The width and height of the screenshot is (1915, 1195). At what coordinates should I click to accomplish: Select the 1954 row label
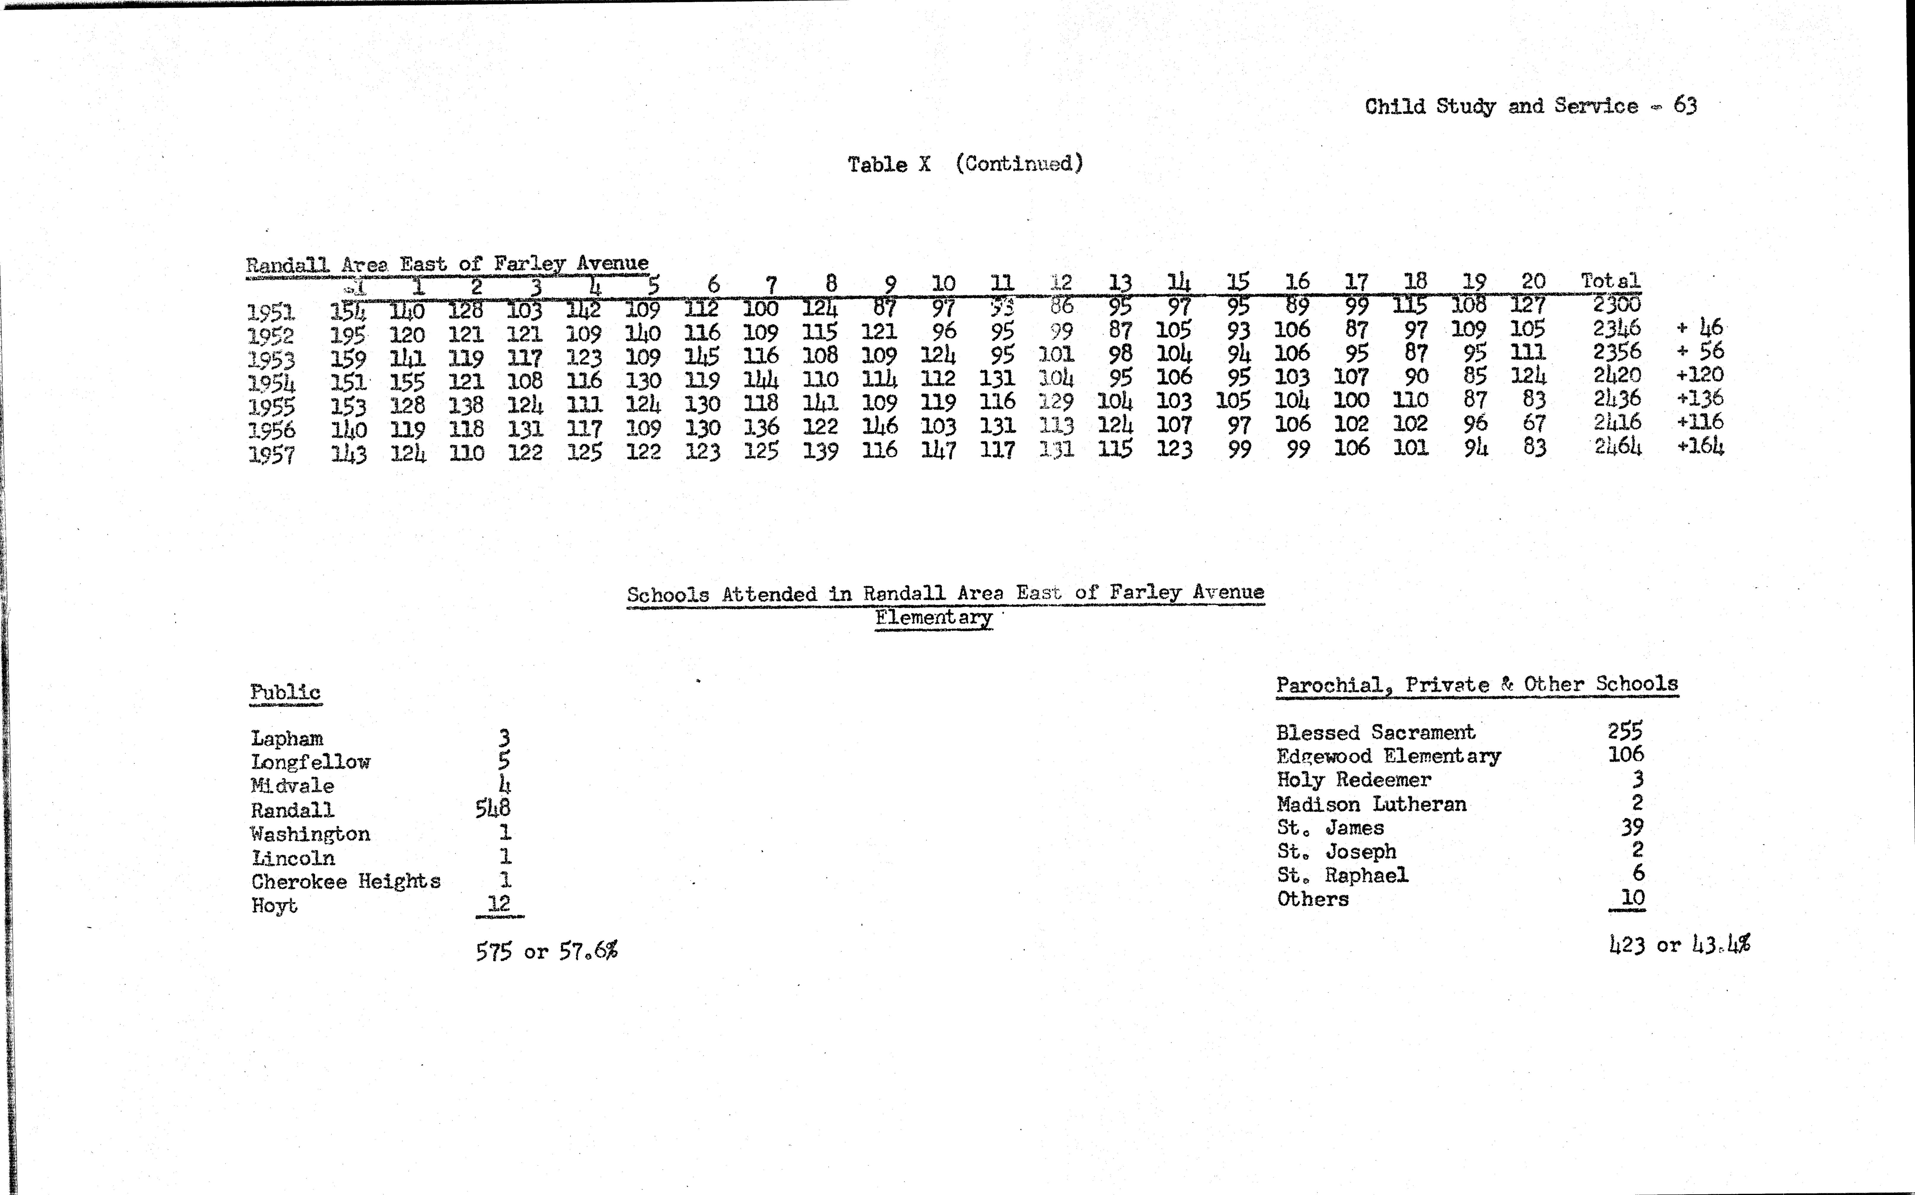pos(271,383)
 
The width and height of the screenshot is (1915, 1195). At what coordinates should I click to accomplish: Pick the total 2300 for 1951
pos(1616,304)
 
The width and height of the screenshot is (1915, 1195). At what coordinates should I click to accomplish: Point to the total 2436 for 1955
pos(1616,398)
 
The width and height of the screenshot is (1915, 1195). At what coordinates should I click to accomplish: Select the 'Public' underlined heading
pos(285,692)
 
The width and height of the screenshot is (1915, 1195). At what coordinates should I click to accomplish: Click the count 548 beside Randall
pos(493,808)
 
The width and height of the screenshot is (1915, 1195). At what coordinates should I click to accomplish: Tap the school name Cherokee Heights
pos(345,881)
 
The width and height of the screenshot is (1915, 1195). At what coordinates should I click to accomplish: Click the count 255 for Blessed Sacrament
pos(1625,731)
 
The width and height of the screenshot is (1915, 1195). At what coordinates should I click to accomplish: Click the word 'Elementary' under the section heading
pos(933,617)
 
